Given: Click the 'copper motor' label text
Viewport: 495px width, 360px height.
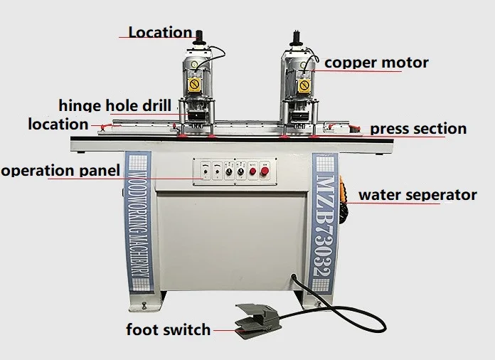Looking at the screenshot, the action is click(x=376, y=63).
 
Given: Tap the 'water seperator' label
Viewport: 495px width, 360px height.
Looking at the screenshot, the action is click(x=417, y=194).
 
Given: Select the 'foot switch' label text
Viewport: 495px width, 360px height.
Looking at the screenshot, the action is click(x=168, y=329).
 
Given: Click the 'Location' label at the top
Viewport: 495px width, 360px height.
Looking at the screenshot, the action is click(x=160, y=32).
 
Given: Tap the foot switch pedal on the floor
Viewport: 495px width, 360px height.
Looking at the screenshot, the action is click(x=257, y=321).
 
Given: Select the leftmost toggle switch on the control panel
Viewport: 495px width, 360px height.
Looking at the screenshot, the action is click(x=204, y=171).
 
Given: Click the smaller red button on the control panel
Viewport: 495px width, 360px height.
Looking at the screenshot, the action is click(x=252, y=171).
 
